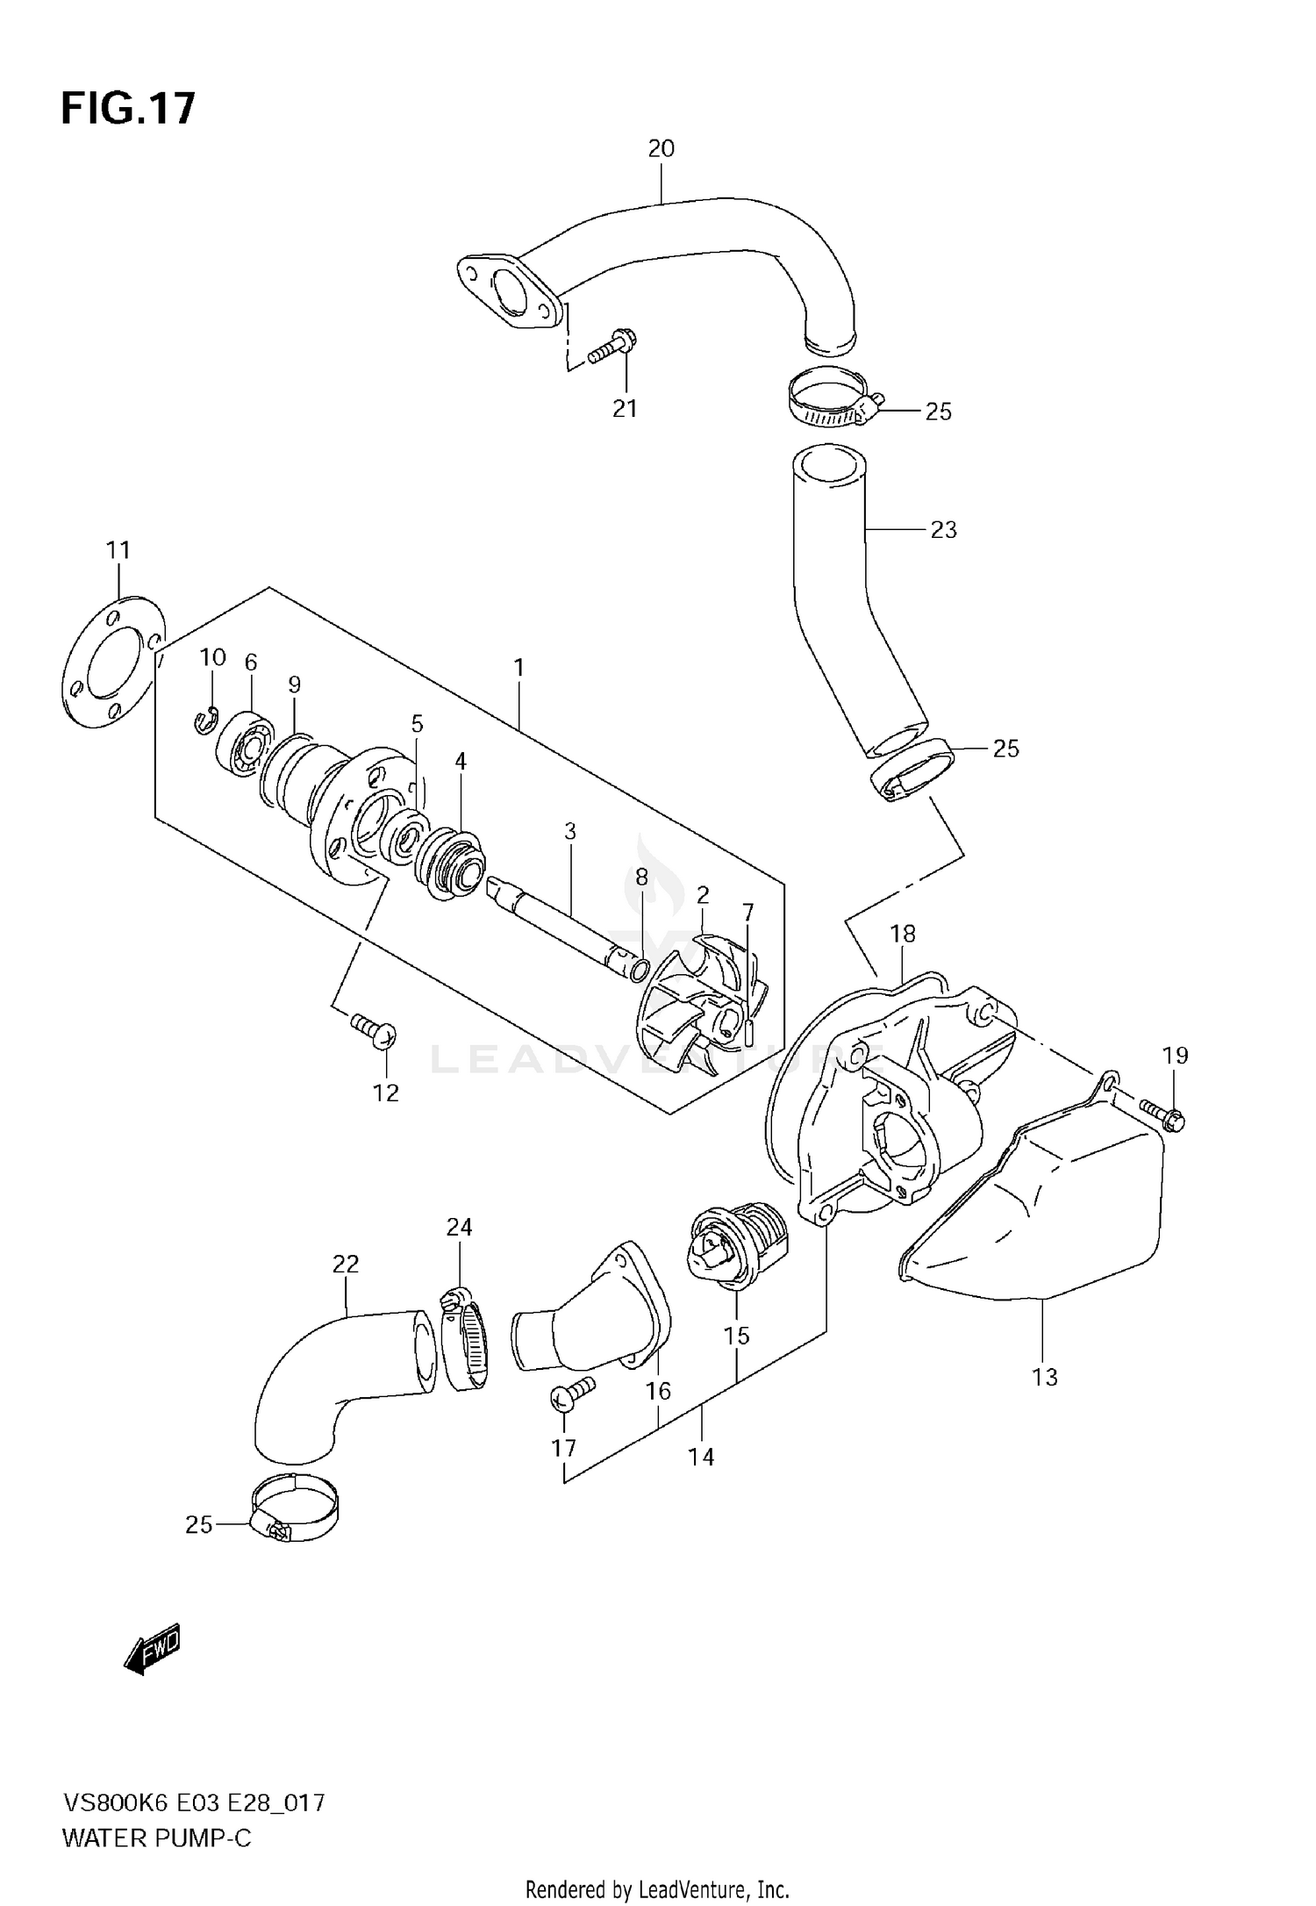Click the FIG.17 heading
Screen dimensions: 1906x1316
click(x=128, y=110)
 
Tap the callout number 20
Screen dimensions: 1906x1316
click(x=661, y=148)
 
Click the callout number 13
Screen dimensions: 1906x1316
click(x=1044, y=1377)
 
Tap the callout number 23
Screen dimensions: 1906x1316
click(x=943, y=529)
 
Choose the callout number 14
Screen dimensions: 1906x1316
click(x=701, y=1457)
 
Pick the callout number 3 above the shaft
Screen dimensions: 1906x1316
click(x=570, y=830)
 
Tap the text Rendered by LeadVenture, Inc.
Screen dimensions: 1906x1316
click(x=657, y=1882)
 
